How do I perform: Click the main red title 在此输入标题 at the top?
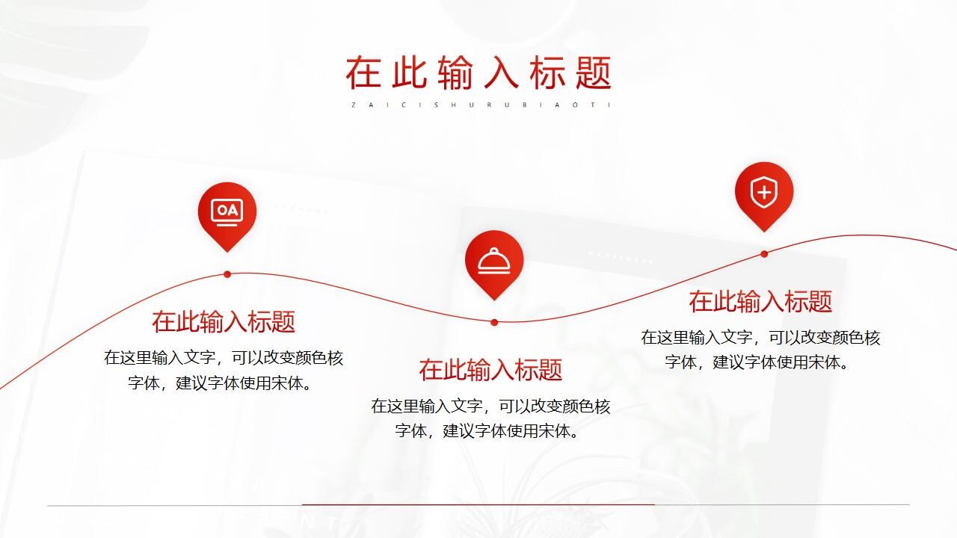(478, 72)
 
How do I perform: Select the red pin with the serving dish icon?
(494, 261)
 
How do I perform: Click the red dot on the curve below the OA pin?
(227, 274)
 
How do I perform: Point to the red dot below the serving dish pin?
(494, 323)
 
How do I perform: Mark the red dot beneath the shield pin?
(764, 254)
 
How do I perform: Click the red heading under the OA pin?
(224, 322)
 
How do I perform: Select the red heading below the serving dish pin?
(490, 370)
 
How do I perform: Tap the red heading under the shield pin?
(760, 302)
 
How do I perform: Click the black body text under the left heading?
(224, 371)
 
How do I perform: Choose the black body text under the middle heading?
(490, 418)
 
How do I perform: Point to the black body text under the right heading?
(760, 350)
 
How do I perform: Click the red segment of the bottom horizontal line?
(478, 504)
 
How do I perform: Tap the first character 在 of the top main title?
(363, 72)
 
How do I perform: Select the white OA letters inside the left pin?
(227, 211)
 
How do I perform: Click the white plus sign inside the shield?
(763, 193)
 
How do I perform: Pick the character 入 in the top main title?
(502, 72)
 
